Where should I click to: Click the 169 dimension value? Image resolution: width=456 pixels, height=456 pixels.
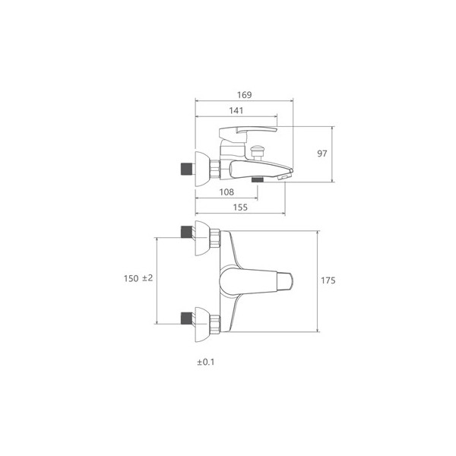pyautogui.click(x=244, y=95)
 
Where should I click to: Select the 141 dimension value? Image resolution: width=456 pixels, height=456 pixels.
pyautogui.click(x=236, y=110)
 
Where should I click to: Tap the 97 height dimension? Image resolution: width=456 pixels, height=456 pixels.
pyautogui.click(x=322, y=154)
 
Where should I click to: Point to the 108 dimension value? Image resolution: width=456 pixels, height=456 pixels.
pyautogui.click(x=226, y=192)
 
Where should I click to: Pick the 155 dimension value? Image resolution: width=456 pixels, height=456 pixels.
pyautogui.click(x=240, y=207)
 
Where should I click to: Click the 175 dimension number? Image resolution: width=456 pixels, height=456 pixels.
pyautogui.click(x=328, y=280)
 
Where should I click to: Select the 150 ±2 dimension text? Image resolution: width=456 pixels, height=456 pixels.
pyautogui.click(x=138, y=278)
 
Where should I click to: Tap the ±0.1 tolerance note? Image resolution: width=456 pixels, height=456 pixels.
pyautogui.click(x=206, y=362)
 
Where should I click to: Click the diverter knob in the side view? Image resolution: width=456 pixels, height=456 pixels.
pyautogui.click(x=258, y=152)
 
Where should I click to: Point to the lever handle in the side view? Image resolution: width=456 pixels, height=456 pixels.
pyautogui.click(x=248, y=132)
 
